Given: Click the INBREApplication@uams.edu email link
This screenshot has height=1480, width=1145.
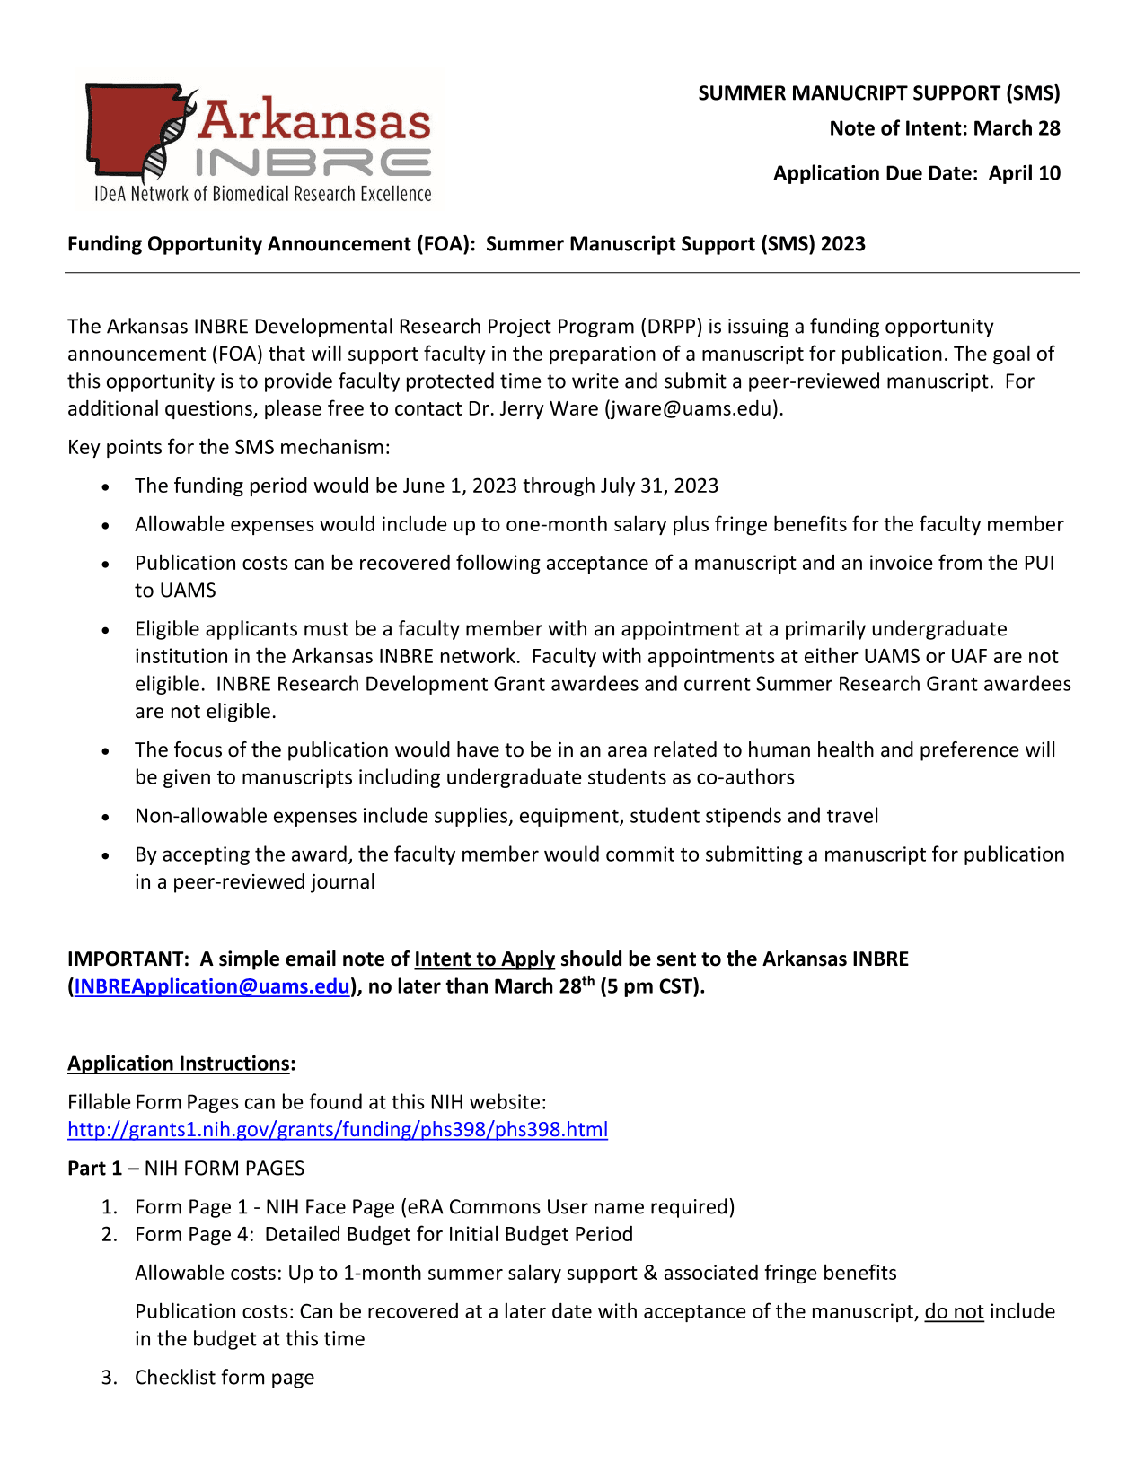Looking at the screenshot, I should pyautogui.click(x=212, y=986).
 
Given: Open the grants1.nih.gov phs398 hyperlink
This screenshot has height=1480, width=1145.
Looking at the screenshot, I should pyautogui.click(x=338, y=1129).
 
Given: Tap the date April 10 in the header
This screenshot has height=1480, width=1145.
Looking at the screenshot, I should pyautogui.click(x=1025, y=173).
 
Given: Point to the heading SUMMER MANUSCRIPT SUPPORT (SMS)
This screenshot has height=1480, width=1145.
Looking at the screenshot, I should pyautogui.click(x=879, y=93).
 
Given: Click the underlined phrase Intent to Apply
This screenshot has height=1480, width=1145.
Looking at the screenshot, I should pyautogui.click(x=485, y=959).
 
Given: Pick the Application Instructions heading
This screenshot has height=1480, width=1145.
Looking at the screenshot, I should pyautogui.click(x=180, y=1064).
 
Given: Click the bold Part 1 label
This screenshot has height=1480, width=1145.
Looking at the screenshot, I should pyautogui.click(x=94, y=1169).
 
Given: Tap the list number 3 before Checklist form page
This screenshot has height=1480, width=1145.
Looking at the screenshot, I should pyautogui.click(x=108, y=1378).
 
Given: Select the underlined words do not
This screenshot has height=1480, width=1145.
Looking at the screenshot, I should pyautogui.click(x=954, y=1312).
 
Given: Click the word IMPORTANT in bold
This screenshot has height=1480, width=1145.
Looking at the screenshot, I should pyautogui.click(x=127, y=959).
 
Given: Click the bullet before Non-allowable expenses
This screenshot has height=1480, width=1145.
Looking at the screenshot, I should pyautogui.click(x=106, y=818).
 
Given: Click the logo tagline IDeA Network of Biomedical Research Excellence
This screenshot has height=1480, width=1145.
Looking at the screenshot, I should pyautogui.click(x=263, y=194).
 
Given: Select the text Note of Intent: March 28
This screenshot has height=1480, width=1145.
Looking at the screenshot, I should pyautogui.click(x=945, y=128).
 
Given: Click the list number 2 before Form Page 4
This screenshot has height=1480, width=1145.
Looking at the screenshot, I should pyautogui.click(x=108, y=1235).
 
